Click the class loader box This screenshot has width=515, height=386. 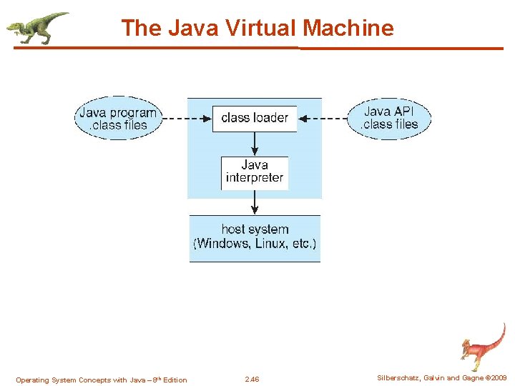pyautogui.click(x=255, y=118)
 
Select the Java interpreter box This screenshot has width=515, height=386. pyautogui.click(x=255, y=172)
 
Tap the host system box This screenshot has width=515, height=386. pyautogui.click(x=255, y=237)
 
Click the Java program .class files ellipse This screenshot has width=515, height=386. pyautogui.click(x=117, y=119)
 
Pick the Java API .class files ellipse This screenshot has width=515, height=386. pyautogui.click(x=390, y=118)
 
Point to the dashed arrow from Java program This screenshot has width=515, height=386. pyautogui.click(x=186, y=118)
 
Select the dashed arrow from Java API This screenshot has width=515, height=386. pyautogui.click(x=322, y=118)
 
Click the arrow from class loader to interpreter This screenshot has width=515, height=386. pyautogui.click(x=255, y=144)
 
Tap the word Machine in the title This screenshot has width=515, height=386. pyautogui.click(x=348, y=28)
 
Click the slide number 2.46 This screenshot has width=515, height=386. pyautogui.click(x=252, y=380)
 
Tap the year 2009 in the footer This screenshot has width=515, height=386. pyautogui.click(x=498, y=378)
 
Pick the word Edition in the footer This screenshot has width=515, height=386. pyautogui.click(x=175, y=380)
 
